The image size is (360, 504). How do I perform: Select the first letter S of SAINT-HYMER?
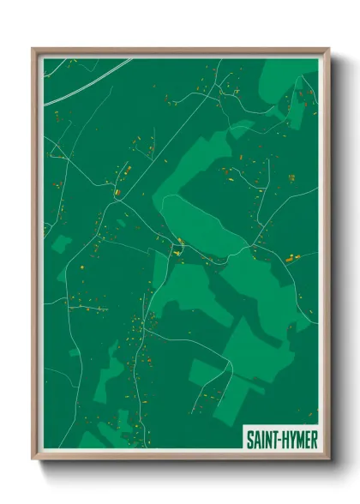point(249,440)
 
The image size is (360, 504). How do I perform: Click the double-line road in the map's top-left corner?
point(86,82)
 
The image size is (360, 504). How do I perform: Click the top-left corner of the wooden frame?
point(33,49)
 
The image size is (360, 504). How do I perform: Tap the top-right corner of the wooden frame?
point(327,49)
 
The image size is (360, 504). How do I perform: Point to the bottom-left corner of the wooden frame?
point(33,458)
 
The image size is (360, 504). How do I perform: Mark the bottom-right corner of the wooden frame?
point(327,458)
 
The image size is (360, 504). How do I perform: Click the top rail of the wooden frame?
point(180,50)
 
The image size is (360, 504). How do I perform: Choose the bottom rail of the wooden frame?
point(180,457)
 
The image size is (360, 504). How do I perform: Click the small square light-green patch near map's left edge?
point(61,243)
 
